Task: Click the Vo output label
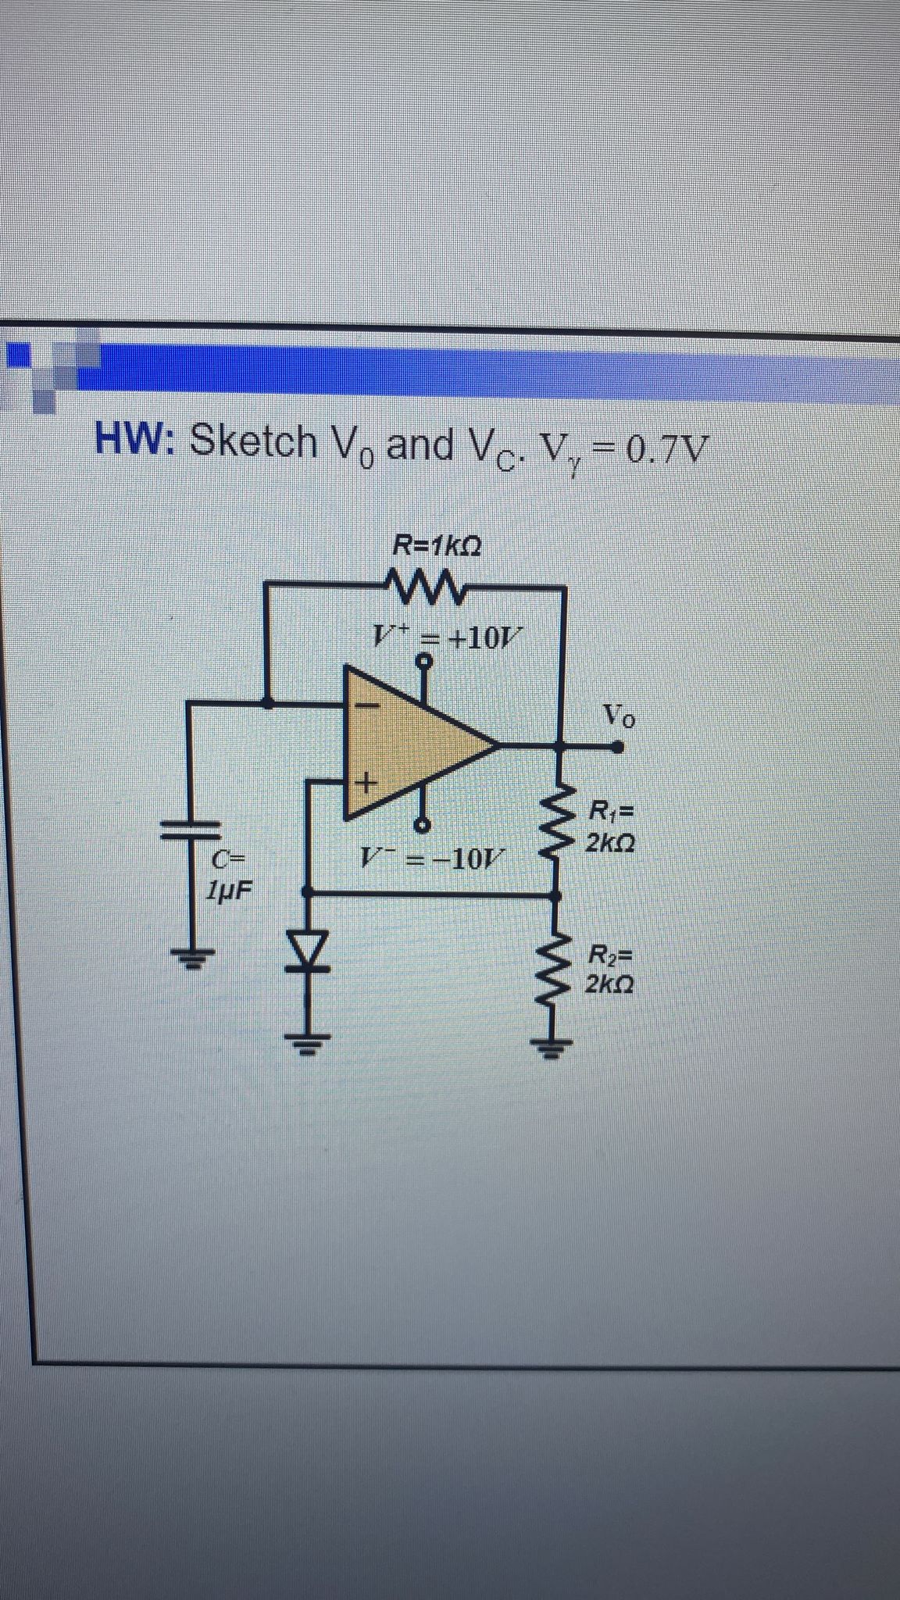pyautogui.click(x=620, y=714)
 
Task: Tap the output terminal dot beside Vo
pyautogui.click(x=619, y=747)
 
